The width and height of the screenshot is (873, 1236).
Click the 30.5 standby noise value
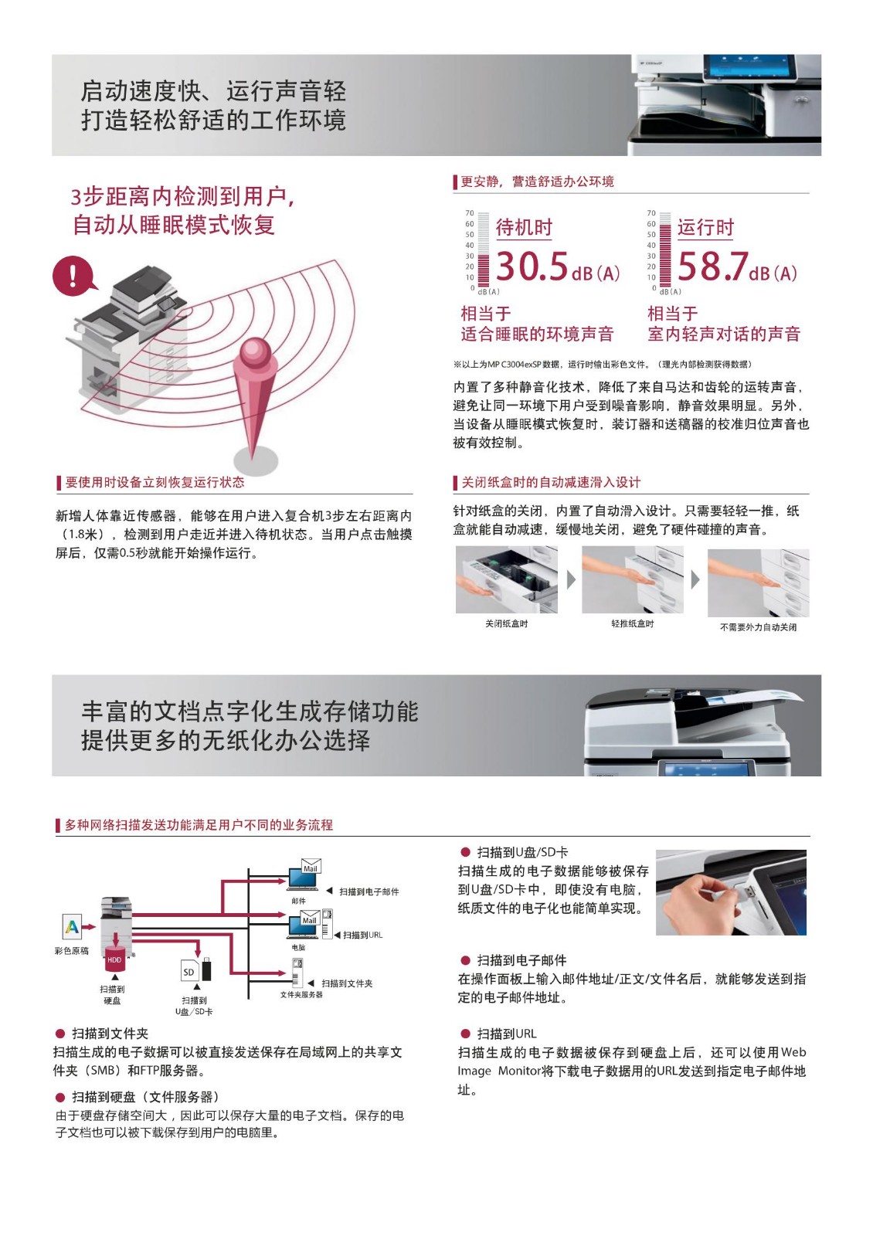[x=532, y=267]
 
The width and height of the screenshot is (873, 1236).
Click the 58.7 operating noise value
[x=712, y=267]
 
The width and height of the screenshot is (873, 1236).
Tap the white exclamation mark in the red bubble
[x=73, y=275]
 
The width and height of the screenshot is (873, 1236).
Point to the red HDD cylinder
[x=114, y=961]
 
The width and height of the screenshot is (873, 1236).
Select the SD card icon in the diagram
[x=189, y=971]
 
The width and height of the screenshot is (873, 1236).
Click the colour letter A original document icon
[x=72, y=926]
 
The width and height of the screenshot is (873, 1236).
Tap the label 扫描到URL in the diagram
[x=362, y=935]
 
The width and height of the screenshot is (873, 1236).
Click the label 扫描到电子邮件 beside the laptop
[x=369, y=891]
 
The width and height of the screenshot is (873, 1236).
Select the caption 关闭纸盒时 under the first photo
[x=506, y=623]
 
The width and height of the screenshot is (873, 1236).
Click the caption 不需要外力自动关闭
[x=758, y=626]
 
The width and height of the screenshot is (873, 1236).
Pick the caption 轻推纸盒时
[x=632, y=623]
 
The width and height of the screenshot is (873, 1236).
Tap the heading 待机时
[x=524, y=227]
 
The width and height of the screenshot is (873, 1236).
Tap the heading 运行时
[x=705, y=227]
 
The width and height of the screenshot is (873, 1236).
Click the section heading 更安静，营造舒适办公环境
[x=537, y=182]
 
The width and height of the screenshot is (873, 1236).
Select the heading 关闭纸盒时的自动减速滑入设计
[x=551, y=482]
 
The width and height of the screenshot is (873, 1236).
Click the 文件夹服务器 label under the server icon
[x=301, y=994]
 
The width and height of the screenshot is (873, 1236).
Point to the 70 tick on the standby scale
[x=469, y=213]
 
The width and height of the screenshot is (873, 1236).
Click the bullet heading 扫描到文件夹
[x=110, y=1034]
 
